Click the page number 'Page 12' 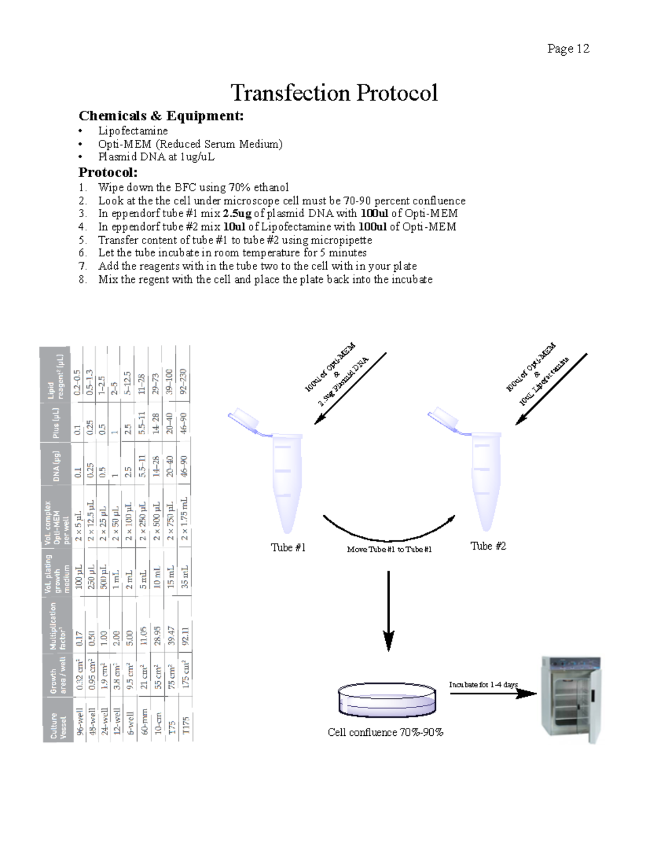coord(568,49)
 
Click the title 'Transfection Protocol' coord(334,92)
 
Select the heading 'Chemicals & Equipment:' coord(161,116)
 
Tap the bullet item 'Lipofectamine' coord(133,131)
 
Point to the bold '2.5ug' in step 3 coord(237,214)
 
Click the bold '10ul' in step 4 coord(234,227)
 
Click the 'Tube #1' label coord(288,548)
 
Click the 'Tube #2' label coord(488,546)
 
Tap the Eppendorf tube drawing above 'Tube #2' coord(482,473)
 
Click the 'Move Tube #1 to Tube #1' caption coord(389,549)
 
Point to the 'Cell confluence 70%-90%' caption coord(385,732)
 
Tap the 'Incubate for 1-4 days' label coord(483,685)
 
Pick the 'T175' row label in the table coord(186,725)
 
